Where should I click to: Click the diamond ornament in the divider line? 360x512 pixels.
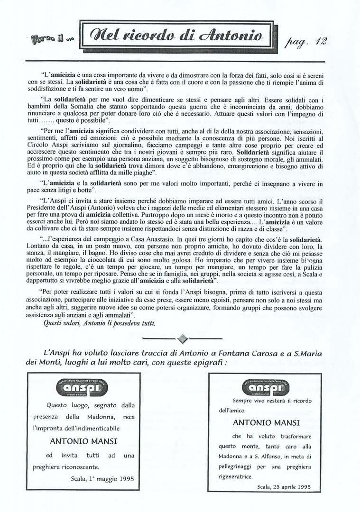[183, 338]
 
